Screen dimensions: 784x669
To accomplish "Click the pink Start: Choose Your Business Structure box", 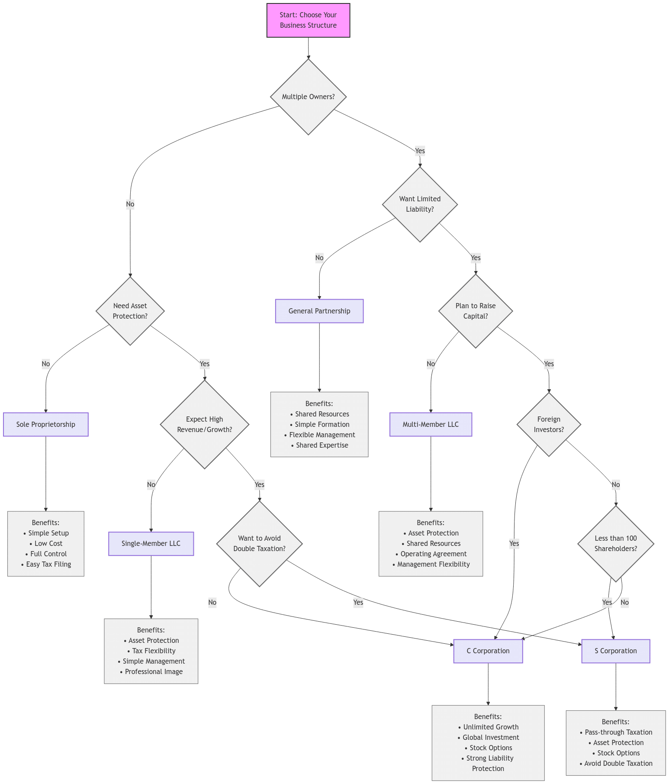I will [x=308, y=20].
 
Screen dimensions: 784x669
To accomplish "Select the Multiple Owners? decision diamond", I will [x=308, y=97].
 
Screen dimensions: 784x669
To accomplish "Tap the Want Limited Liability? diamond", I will [x=420, y=204].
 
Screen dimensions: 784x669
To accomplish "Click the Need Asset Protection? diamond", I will [x=130, y=311].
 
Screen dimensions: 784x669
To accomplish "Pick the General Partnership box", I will [x=319, y=311].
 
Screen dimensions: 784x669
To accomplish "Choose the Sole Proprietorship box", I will [x=46, y=424].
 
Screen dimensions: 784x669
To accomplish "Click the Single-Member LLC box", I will [x=151, y=543].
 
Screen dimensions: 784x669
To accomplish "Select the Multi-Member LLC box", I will [x=431, y=424].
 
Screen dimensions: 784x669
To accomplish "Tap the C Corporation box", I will [x=488, y=651].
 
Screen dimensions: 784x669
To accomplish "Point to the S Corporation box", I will [x=616, y=651].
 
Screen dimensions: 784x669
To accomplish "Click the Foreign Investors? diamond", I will [x=549, y=424].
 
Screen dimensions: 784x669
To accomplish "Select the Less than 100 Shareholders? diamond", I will [x=616, y=543].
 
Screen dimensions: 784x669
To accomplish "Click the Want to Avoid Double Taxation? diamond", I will [x=260, y=543].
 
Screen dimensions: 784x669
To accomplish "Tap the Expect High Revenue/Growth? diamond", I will [x=205, y=424].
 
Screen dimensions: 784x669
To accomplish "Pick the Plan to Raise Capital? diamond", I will [x=476, y=311].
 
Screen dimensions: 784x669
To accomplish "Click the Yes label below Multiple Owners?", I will [x=420, y=151].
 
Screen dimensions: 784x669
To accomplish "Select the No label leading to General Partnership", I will [x=319, y=258].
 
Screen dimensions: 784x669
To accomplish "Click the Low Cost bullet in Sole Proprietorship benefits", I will [x=48, y=543].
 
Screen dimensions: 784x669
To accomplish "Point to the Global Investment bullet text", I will [x=491, y=737].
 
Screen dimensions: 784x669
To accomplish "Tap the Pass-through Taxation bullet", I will [x=618, y=732].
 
